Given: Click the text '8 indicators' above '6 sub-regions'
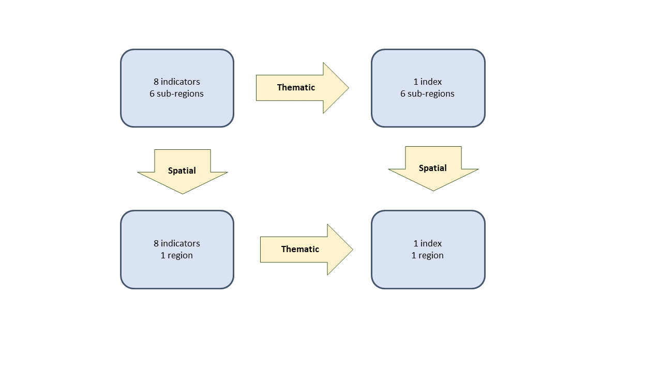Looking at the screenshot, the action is [177, 82].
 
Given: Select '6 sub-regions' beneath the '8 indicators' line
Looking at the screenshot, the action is [176, 94].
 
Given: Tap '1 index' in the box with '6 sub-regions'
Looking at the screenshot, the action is [427, 82].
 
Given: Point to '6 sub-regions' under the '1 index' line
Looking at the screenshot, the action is [427, 94].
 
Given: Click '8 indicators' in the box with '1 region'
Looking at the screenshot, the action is [177, 243].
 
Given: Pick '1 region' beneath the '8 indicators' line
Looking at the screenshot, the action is [176, 255].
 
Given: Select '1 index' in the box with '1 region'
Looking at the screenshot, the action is [427, 243].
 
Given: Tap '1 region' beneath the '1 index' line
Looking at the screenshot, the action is [427, 255].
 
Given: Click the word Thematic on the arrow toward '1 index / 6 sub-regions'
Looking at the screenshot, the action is [296, 87].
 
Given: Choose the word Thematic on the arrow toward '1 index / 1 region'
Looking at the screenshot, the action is [300, 249].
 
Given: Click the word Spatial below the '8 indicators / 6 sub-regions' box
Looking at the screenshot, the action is [182, 171].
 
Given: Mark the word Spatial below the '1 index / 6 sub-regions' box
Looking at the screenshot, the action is [433, 168].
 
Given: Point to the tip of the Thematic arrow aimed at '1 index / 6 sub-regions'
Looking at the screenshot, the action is [349, 88].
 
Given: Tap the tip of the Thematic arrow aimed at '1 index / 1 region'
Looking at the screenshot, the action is [353, 250].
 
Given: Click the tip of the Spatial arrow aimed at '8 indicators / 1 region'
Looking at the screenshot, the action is [183, 194].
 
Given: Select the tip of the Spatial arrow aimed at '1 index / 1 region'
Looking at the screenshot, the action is [433, 191].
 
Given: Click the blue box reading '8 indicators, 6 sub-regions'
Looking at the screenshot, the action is [177, 88].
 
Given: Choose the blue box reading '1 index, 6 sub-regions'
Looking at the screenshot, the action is [428, 88].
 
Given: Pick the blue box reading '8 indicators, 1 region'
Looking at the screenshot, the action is [177, 250].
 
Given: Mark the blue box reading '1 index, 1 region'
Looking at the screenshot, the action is [428, 250].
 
